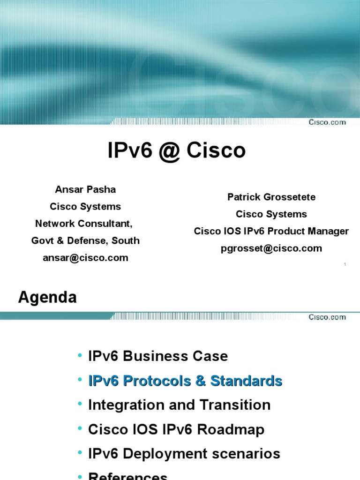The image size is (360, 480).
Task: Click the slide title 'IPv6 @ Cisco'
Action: coord(177,151)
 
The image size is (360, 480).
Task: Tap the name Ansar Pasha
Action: coord(85,189)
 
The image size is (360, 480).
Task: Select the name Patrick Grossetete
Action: coord(271,197)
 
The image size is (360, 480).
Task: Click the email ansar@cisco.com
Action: coord(85,257)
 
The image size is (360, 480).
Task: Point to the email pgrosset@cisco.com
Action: coord(271,248)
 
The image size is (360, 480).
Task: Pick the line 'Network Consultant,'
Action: coord(85,224)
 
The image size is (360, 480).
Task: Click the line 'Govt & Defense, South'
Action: coord(85,240)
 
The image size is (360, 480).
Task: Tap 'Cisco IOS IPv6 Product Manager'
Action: coord(271,231)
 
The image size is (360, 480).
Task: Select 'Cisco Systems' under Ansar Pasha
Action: coord(85,206)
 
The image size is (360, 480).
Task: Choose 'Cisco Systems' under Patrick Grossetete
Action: coord(271,214)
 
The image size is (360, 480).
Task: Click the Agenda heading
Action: coord(47,297)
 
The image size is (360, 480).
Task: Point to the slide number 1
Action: coord(345,265)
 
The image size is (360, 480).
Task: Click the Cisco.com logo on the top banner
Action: coord(327,122)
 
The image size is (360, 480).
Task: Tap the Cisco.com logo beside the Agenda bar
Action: coord(327,317)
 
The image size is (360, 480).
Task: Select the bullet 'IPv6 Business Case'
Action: coord(158,356)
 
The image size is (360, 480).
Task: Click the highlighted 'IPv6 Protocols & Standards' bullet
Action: coord(185,381)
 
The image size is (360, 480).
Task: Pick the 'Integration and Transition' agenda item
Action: coord(179,405)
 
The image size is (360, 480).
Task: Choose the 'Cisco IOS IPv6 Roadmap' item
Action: coord(176,429)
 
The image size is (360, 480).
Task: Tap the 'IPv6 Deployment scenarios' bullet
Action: coord(184,454)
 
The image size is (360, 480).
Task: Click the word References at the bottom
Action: coord(127,475)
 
